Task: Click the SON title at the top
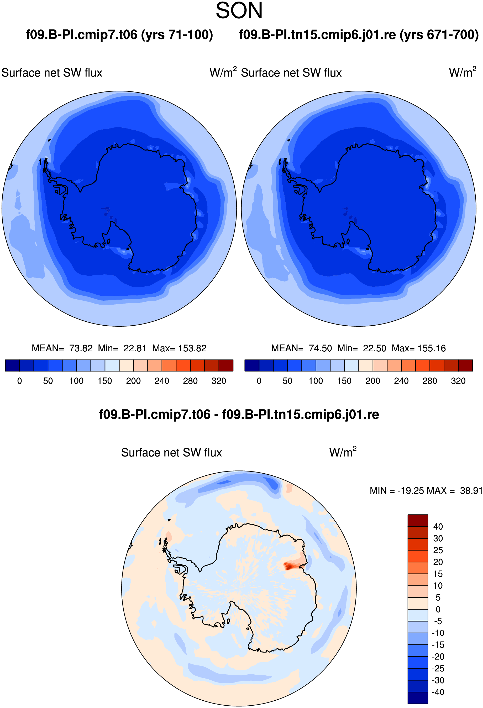coord(239,11)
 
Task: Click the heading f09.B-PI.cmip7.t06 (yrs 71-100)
coord(119,35)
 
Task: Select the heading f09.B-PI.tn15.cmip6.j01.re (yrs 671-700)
coord(359,35)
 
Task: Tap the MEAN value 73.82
coord(81,348)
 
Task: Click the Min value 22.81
coord(135,348)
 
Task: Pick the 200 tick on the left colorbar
coord(133,381)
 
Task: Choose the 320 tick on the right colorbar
coord(458,381)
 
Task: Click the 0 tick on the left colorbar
coord(19,381)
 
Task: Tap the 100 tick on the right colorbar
coord(316,381)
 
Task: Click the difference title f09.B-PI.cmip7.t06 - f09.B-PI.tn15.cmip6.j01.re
coord(239,415)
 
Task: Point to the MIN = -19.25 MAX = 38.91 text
coord(426,490)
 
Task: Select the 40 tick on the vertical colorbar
coord(438,526)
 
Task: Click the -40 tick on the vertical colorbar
coord(438,692)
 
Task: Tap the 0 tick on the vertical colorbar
coord(438,609)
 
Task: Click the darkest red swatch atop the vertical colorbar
coord(418,520)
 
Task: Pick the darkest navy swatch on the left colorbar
coord(13,365)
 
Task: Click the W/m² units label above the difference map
coord(343,452)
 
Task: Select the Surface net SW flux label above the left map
coord(52,73)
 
